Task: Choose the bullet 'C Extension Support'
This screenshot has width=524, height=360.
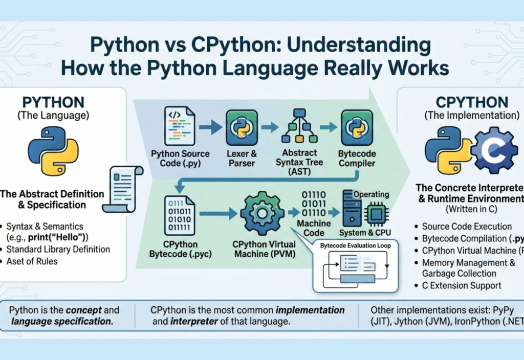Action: pyautogui.click(x=462, y=286)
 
